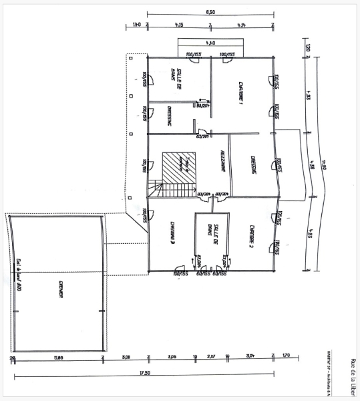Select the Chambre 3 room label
click(172, 231)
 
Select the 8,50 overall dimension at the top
click(210, 12)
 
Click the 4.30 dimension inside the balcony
click(210, 44)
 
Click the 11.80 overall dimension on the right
click(323, 164)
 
